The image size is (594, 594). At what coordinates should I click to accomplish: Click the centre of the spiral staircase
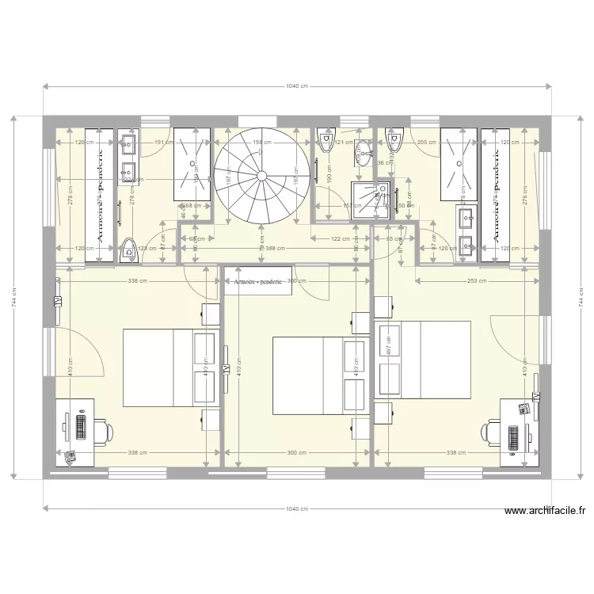pos(261,174)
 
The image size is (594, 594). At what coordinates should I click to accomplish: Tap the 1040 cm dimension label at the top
pos(297,86)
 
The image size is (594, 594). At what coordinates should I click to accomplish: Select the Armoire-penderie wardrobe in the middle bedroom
pos(258,281)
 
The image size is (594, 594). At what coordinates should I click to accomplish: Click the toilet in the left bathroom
pos(128,249)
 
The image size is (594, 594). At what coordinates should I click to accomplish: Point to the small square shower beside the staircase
pos(371,199)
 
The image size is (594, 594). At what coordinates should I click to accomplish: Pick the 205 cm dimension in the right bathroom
pos(427,143)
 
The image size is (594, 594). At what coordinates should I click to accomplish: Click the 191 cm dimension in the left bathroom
pos(162,143)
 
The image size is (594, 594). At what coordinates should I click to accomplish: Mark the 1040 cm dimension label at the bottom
pos(297,509)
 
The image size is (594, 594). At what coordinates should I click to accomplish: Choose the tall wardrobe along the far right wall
pos(495,194)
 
